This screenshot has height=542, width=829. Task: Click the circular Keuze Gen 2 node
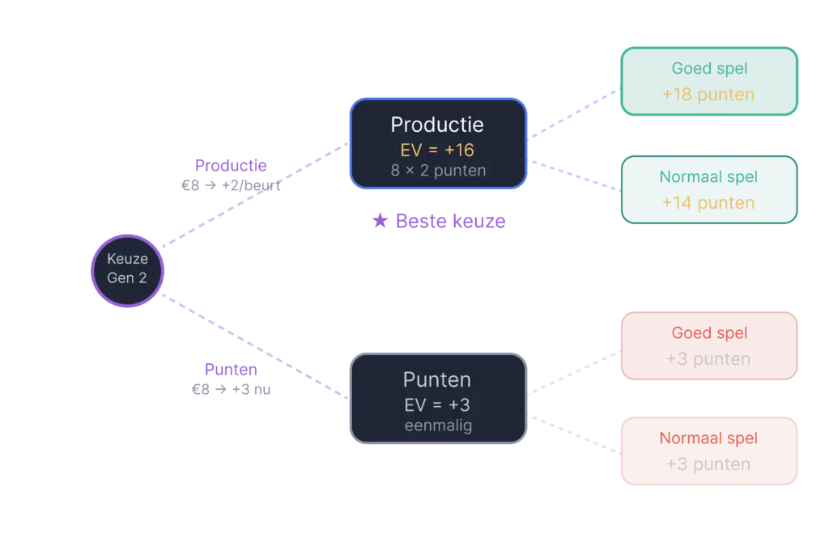(127, 270)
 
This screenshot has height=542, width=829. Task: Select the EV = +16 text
(437, 150)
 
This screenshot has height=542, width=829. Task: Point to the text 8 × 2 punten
(437, 171)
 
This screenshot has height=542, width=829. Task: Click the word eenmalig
(437, 426)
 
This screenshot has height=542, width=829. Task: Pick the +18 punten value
(708, 95)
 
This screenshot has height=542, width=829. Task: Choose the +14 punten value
(708, 202)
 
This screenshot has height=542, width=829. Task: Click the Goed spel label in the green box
(708, 70)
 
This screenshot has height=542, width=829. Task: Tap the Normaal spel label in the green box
(708, 177)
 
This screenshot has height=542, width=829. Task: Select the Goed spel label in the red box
(708, 333)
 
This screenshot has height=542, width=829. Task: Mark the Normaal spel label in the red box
(708, 439)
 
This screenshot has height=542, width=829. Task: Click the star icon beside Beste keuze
(378, 222)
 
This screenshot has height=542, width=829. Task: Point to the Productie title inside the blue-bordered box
(437, 125)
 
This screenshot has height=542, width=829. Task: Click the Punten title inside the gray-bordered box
(437, 379)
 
